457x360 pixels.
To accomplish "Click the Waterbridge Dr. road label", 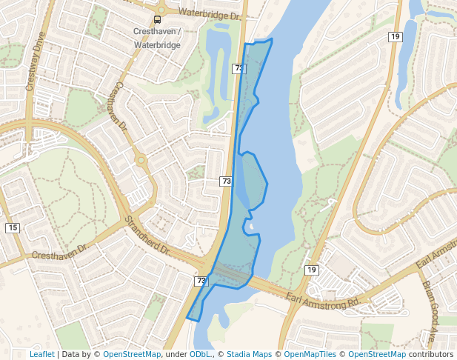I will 210,14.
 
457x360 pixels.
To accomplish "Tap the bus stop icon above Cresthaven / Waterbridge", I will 158,19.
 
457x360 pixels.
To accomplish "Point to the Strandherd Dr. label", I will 148,237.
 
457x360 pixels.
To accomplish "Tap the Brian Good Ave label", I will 429,310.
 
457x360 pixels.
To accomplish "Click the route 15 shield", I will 13,227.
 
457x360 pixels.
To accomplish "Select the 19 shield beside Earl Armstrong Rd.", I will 312,270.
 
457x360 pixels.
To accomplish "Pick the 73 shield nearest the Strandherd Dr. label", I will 201,281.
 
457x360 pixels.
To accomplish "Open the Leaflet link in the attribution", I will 41,354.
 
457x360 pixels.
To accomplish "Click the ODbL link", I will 201,354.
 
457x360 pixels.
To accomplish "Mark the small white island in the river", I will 252,227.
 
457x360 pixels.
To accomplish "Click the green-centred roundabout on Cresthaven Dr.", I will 140,159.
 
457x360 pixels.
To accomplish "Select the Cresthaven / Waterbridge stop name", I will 157,38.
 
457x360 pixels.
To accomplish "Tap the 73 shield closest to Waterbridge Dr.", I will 238,68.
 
